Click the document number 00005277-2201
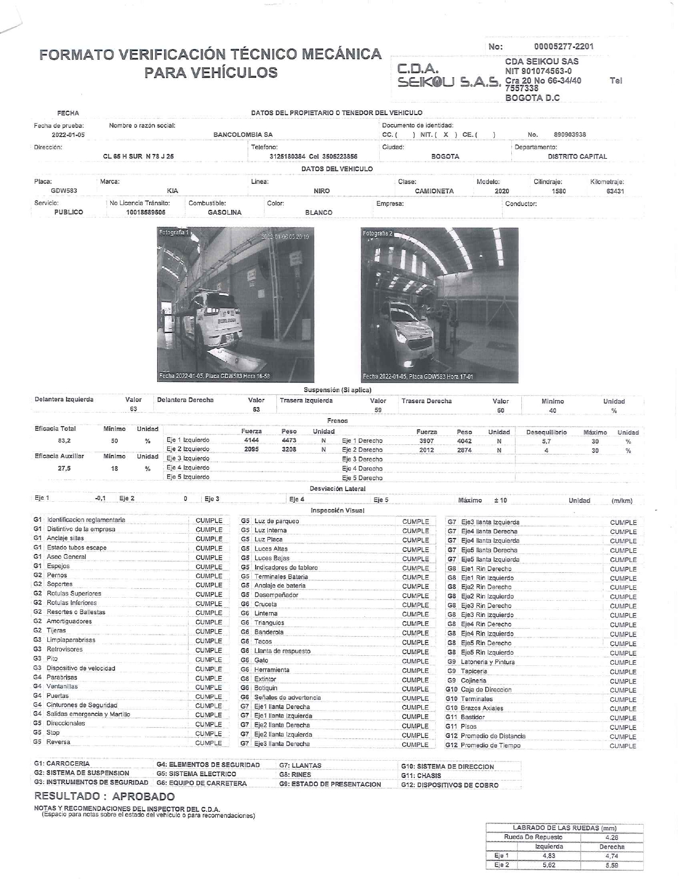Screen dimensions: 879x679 click(563, 46)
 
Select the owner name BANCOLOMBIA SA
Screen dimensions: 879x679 click(243, 135)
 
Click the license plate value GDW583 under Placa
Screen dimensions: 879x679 click(63, 191)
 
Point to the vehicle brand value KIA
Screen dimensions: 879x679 click(173, 191)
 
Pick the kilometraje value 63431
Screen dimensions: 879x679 click(615, 191)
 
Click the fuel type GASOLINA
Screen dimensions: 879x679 click(224, 213)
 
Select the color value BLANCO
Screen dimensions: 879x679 click(318, 213)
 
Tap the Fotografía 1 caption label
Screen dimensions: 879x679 click(173, 233)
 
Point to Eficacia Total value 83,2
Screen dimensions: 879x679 click(64, 441)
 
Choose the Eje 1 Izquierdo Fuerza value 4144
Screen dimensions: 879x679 click(251, 441)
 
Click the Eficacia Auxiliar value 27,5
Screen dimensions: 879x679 click(64, 469)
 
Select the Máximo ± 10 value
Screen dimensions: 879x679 click(500, 500)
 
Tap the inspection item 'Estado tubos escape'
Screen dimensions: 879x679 click(77, 548)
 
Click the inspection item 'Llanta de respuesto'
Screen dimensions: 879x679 click(282, 651)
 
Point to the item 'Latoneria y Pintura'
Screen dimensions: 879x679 click(488, 662)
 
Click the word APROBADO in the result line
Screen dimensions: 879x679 click(144, 796)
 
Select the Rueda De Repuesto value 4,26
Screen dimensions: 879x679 click(611, 837)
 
